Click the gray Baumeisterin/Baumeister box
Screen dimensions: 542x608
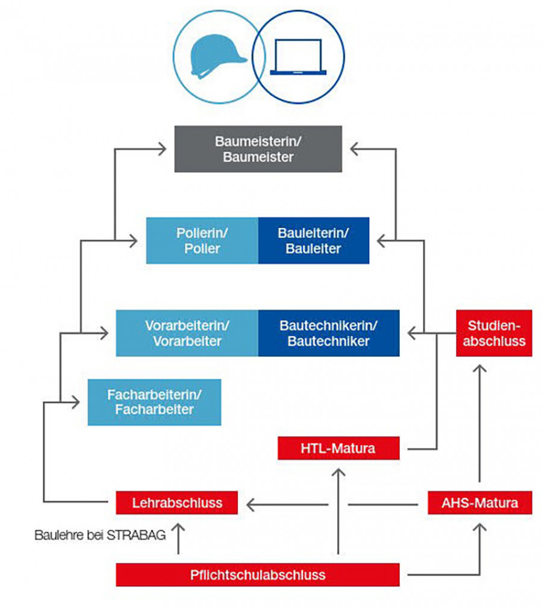pos(258,149)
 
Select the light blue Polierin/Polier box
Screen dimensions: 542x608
pos(202,240)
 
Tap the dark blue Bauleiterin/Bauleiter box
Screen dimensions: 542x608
pos(314,240)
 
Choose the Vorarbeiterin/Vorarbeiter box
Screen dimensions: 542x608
pos(187,333)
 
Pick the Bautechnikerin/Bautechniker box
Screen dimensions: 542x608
pos(329,333)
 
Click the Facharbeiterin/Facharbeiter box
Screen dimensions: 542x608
pos(154,402)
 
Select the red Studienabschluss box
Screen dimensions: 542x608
pos(494,333)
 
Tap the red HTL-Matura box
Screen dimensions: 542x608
pos(338,448)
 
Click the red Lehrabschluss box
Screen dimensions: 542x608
pos(177,503)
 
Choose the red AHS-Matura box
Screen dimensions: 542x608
pos(480,503)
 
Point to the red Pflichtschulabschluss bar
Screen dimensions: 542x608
pos(258,575)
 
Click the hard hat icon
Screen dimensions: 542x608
pos(218,57)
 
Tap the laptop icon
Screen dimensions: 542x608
pos(298,57)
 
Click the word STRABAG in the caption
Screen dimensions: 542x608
pos(136,535)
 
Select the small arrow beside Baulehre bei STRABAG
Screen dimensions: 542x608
pos(178,539)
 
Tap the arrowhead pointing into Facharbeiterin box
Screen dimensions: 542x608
pos(76,402)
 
